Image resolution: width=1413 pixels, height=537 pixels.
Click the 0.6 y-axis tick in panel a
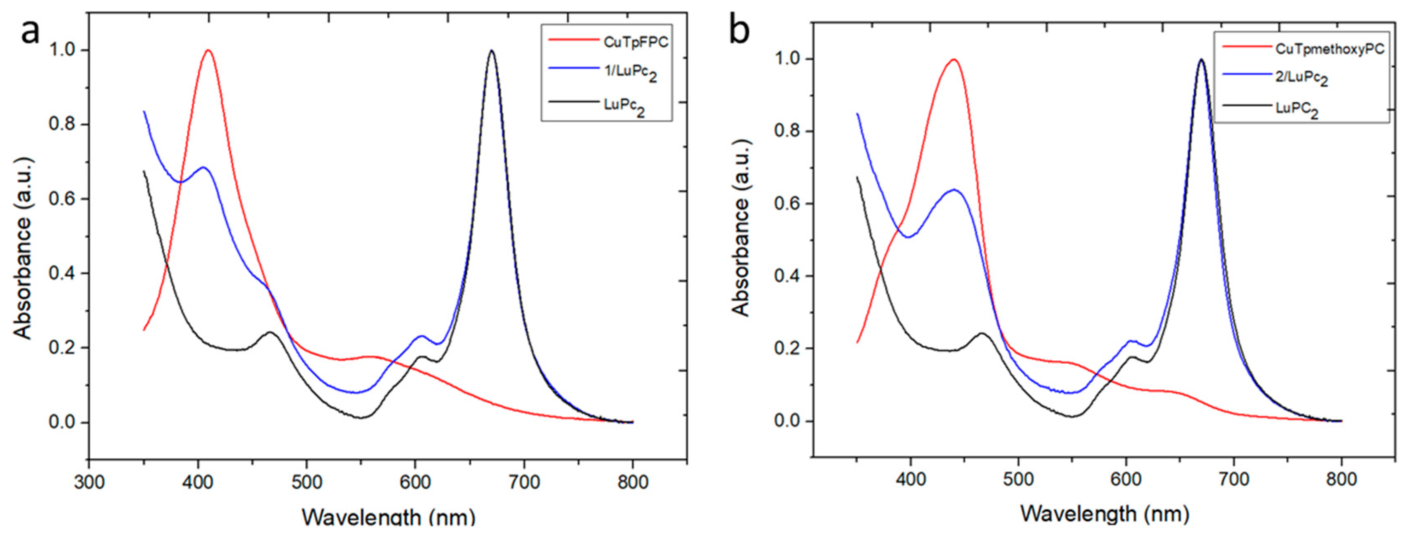(x=62, y=199)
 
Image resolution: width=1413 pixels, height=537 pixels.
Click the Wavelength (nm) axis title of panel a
(x=388, y=517)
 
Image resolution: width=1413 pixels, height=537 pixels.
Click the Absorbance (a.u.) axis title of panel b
(x=741, y=228)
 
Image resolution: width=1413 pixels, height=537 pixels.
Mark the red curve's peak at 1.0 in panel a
(x=208, y=50)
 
